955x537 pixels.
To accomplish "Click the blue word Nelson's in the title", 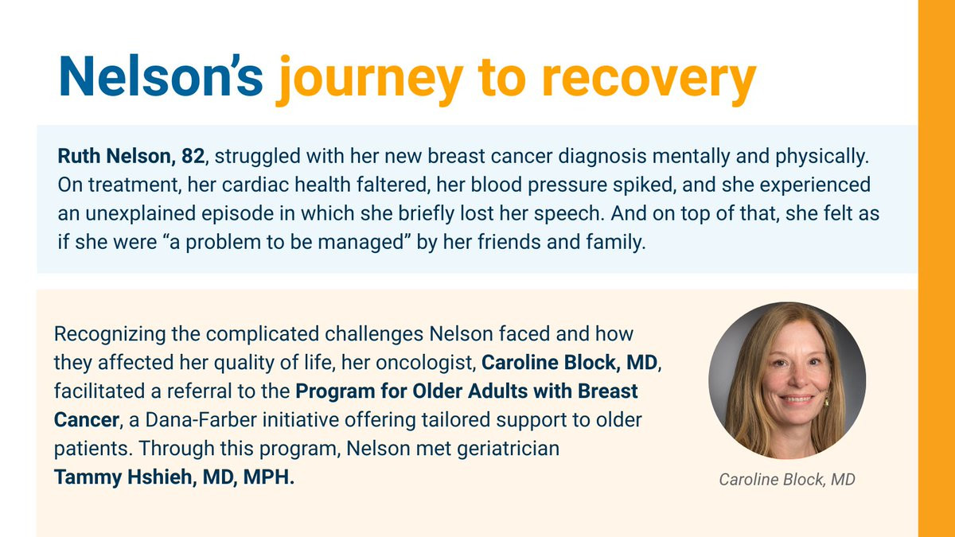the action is (161, 76).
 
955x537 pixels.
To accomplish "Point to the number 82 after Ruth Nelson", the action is (193, 156).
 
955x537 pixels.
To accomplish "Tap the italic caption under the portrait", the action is (787, 480).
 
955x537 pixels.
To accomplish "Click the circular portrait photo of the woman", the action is (787, 380).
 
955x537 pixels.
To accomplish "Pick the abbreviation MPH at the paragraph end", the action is (267, 477).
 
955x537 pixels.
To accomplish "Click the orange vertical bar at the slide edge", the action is (937, 269).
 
